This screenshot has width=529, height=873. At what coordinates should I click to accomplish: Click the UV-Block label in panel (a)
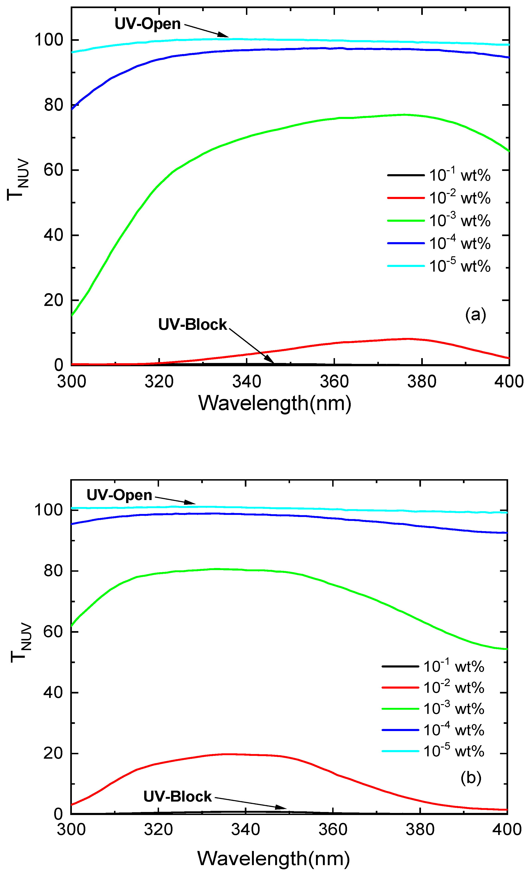pos(192,324)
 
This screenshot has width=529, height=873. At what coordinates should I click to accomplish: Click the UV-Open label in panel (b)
pos(119,495)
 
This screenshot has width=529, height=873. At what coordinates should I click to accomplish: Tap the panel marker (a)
pos(475,314)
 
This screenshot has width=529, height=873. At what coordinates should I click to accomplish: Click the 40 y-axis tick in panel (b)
pos(53,692)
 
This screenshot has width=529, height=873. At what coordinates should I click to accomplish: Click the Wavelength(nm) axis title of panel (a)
pos(274,403)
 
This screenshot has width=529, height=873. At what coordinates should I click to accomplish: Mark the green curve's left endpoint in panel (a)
pos(72,315)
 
